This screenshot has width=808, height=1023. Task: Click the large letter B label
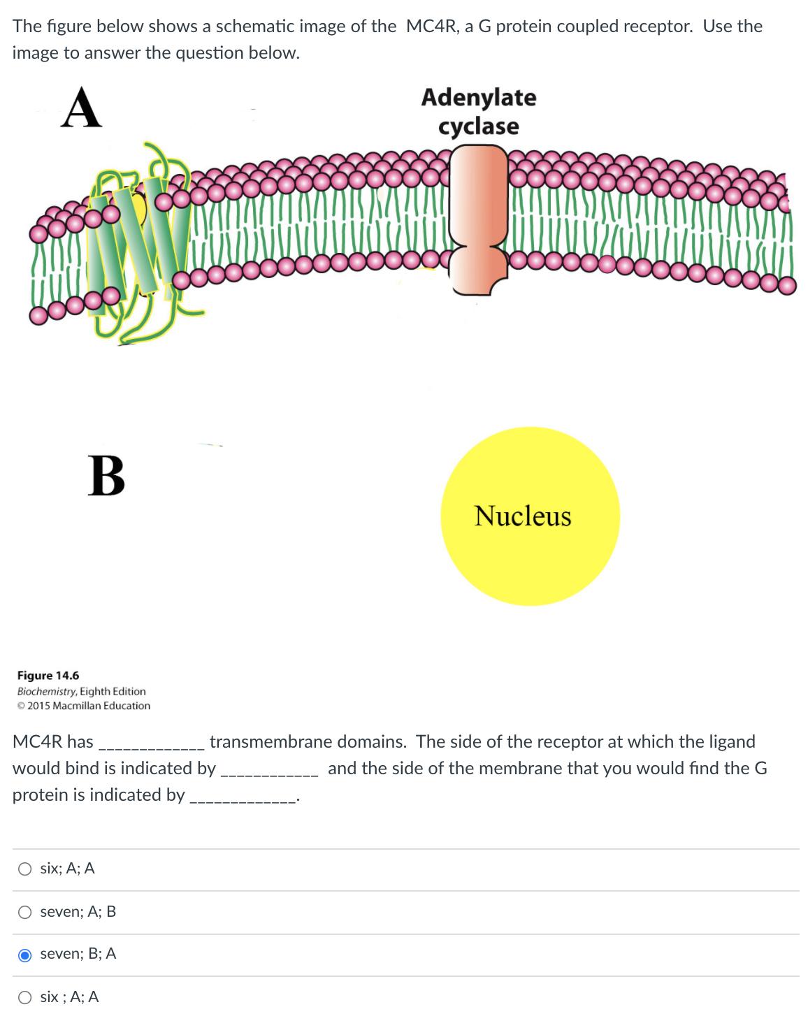coord(106,476)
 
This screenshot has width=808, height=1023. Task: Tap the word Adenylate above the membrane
coord(479,98)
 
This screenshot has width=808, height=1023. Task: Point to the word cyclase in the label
coord(479,126)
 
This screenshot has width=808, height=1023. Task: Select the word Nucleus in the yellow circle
coord(523,516)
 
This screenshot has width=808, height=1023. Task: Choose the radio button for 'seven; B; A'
coord(25,955)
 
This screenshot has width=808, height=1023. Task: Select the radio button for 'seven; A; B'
coord(25,912)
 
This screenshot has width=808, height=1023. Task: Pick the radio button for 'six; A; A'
coord(25,869)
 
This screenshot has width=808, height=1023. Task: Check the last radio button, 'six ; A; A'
coord(25,998)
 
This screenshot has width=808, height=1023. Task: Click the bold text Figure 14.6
coord(48,676)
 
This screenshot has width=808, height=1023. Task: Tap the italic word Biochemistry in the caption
coord(50,691)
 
